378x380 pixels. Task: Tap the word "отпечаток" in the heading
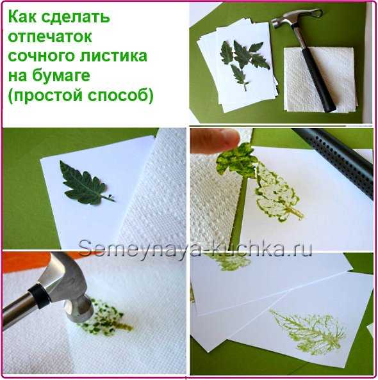pos(50,36)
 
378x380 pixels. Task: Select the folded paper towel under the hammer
pos(320,80)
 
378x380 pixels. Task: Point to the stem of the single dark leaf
pos(109,198)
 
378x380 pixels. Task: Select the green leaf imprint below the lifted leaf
pos(277,194)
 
